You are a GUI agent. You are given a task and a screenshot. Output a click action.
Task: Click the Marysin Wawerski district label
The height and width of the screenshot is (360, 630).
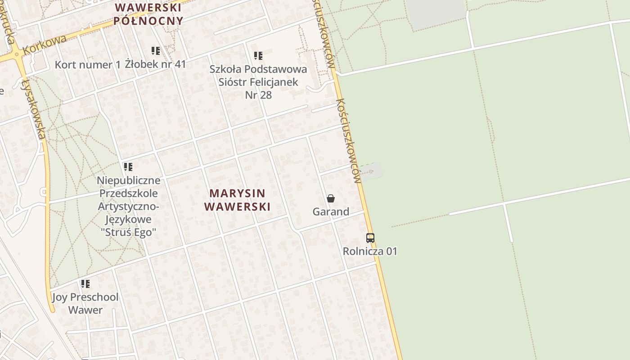(x=237, y=200)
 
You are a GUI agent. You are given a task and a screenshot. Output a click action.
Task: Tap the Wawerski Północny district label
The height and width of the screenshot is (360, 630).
(x=148, y=14)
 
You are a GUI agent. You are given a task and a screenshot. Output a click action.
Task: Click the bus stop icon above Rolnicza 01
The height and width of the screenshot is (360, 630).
(x=370, y=238)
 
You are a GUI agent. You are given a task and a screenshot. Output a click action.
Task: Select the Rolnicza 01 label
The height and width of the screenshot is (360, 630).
(x=370, y=251)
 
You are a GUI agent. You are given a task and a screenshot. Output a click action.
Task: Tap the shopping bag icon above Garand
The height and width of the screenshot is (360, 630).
(x=331, y=198)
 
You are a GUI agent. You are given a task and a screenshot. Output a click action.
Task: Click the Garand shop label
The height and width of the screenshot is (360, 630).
(x=331, y=211)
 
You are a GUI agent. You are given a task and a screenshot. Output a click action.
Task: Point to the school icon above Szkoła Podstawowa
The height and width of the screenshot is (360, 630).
(x=258, y=56)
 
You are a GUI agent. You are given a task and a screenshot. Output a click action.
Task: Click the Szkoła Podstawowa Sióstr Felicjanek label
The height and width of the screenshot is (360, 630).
(x=258, y=82)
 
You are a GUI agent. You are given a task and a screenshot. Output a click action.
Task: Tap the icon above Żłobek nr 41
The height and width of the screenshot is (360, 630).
(x=156, y=51)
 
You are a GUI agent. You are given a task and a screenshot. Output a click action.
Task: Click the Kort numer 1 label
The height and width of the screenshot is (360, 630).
(x=88, y=64)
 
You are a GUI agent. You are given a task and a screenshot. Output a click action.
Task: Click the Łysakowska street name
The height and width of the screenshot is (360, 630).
(x=34, y=108)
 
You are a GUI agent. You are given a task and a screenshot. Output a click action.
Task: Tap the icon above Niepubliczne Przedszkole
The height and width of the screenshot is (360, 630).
(x=128, y=167)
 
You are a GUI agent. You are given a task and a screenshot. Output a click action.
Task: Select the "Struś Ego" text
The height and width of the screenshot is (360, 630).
(x=129, y=232)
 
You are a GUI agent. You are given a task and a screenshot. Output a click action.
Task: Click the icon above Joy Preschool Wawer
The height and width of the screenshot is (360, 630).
(x=85, y=284)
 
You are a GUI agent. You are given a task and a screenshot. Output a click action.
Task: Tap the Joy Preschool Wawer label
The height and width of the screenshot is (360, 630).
(x=85, y=303)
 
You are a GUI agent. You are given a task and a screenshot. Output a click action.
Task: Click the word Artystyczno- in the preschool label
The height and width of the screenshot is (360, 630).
(x=129, y=207)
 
